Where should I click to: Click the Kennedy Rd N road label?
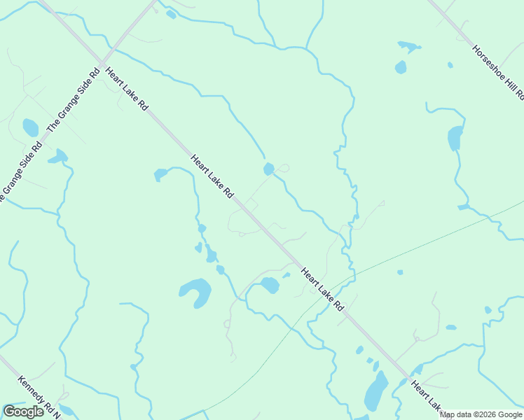(39, 395)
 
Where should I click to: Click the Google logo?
(23, 412)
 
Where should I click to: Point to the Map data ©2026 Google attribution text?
(481, 414)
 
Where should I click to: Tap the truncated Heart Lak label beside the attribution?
(427, 395)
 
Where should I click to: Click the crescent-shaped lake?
(196, 291)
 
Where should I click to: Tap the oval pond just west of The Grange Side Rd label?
(31, 127)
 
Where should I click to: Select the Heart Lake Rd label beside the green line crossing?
(324, 287)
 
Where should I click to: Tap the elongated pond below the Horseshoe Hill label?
(455, 138)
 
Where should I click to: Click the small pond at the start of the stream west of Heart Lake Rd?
(160, 174)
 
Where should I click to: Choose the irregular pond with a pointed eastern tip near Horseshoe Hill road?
(408, 46)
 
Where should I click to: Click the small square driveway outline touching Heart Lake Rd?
(250, 205)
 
